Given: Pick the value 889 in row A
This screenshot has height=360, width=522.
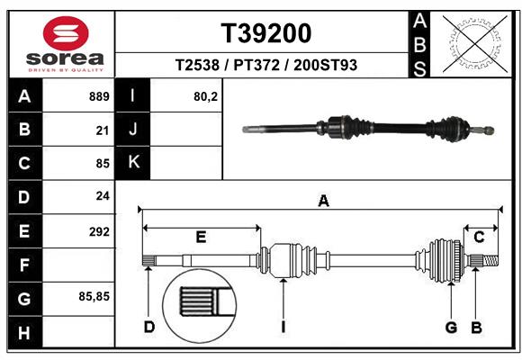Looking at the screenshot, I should [99, 96].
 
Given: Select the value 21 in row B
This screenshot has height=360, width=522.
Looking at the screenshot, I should [102, 130].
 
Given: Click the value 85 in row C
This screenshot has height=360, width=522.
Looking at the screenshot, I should [102, 164].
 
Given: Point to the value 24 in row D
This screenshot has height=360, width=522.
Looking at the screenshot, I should [102, 197].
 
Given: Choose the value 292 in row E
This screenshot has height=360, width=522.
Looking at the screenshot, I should [99, 231].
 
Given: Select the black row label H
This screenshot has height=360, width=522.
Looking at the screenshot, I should [24, 332].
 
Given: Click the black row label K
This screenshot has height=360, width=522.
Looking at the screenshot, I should [133, 163].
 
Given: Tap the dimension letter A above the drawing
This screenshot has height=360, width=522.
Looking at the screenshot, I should [322, 202].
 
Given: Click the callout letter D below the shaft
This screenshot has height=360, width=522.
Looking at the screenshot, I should [149, 327].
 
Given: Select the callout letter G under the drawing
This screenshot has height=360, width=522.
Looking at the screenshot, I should [452, 327].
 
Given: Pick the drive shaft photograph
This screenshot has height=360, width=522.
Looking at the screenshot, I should [369, 128].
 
